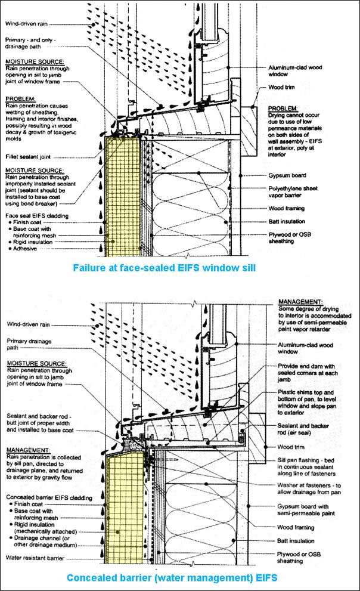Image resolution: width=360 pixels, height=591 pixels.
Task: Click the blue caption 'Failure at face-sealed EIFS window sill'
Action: point(164,268)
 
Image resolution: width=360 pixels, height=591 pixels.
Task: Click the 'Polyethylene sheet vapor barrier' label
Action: point(299,191)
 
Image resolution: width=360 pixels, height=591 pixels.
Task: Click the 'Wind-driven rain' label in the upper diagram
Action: point(27,24)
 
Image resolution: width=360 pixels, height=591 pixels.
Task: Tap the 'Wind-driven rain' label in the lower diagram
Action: point(27,325)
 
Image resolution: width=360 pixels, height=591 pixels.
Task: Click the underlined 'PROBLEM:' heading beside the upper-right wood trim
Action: point(281,108)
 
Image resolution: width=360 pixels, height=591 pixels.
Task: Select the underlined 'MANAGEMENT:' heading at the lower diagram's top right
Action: point(300,302)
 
